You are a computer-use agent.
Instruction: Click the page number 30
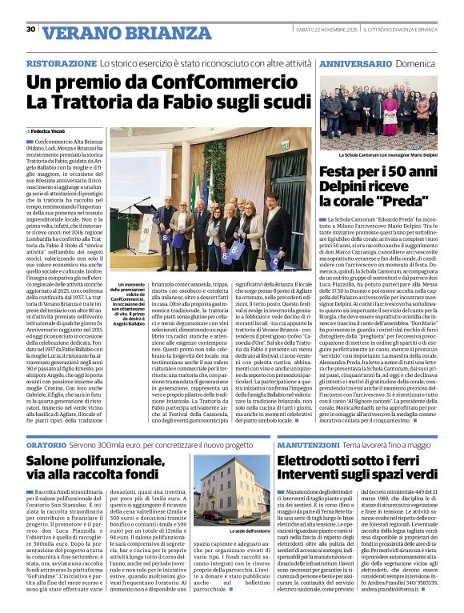30,30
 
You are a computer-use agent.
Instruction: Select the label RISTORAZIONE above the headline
61,62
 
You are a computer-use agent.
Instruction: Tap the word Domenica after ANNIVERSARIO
417,62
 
